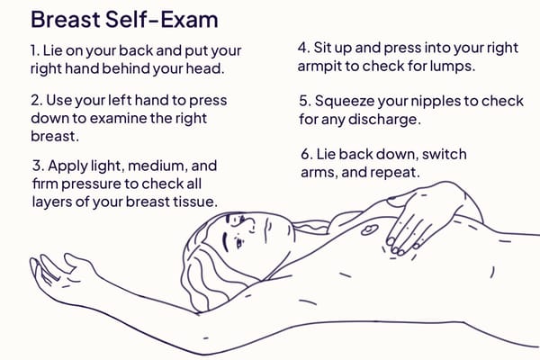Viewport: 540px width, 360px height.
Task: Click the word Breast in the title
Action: click(66, 19)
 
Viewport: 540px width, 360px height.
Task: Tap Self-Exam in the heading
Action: click(161, 19)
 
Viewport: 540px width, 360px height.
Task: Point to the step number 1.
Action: click(35, 50)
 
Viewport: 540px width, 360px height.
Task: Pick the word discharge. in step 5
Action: click(384, 120)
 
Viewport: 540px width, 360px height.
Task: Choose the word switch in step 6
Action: click(445, 154)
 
